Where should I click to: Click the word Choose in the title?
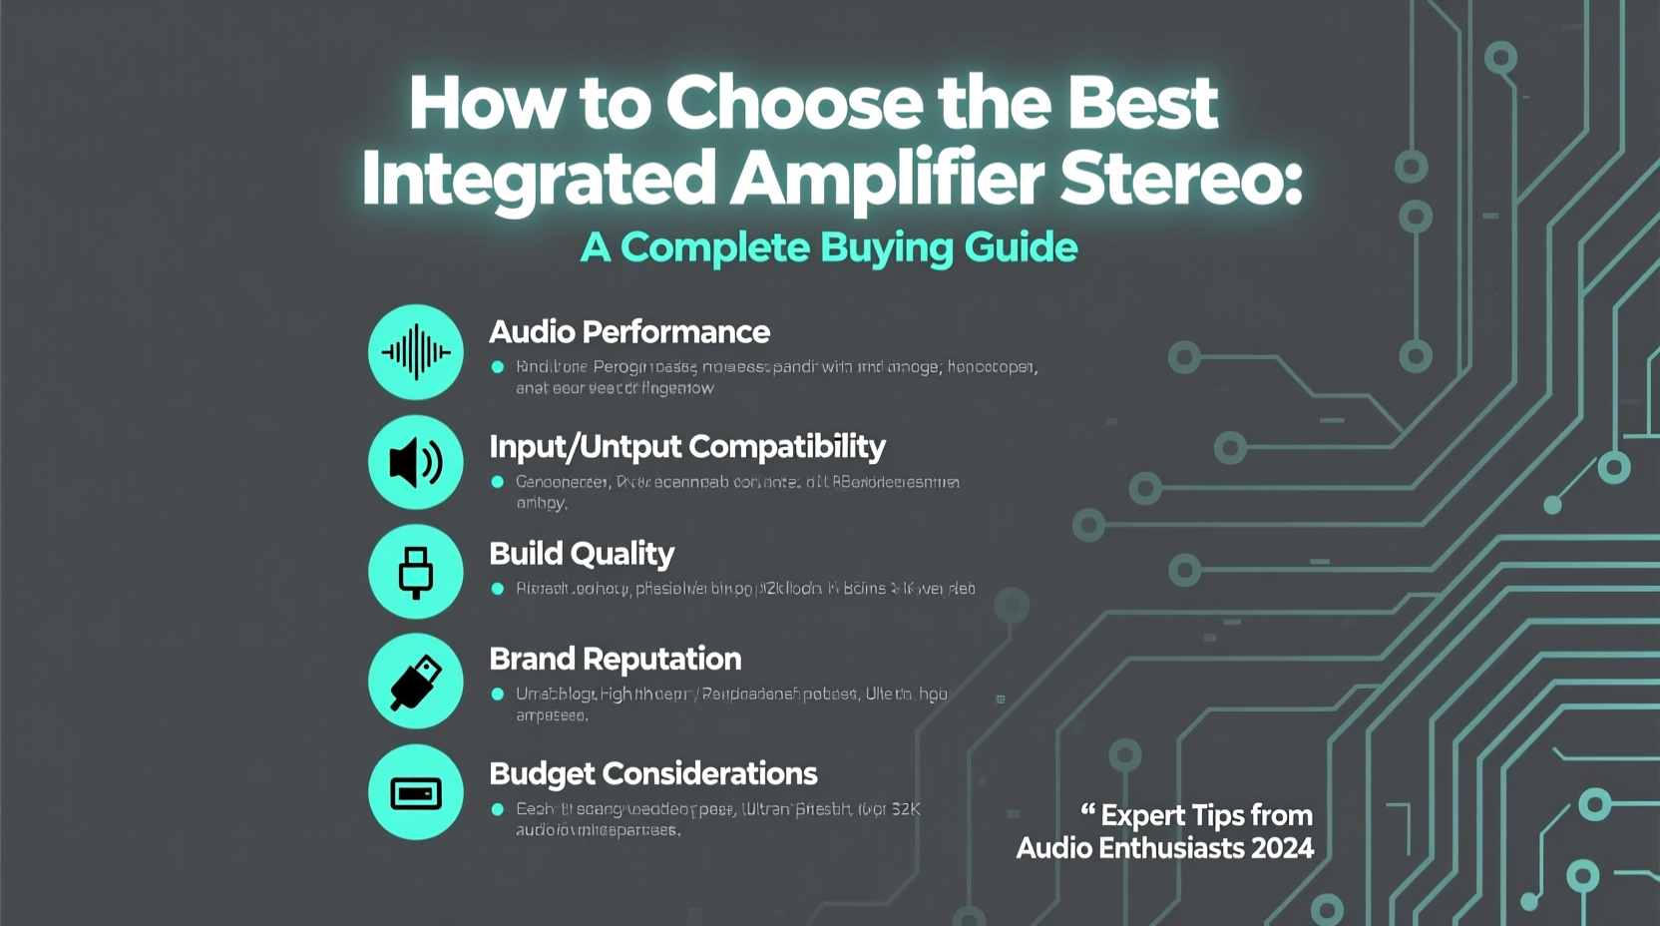[794, 103]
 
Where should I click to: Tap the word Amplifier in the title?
[887, 179]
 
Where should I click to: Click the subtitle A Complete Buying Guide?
[828, 247]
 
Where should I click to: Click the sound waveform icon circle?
[416, 352]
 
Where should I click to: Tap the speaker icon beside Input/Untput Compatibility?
[416, 463]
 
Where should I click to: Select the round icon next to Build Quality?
[416, 572]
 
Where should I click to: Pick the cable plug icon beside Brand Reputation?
[416, 682]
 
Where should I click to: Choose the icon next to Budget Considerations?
[416, 792]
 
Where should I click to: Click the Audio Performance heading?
[628, 332]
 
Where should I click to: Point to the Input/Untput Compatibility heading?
[686, 447]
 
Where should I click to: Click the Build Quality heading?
[582, 554]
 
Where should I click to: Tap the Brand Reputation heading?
[615, 660]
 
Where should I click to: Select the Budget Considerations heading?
[652, 774]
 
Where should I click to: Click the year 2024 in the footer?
[1282, 848]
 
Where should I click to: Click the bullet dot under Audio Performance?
[498, 367]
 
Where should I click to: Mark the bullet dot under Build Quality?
[498, 589]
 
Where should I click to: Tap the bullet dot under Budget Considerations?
[498, 809]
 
